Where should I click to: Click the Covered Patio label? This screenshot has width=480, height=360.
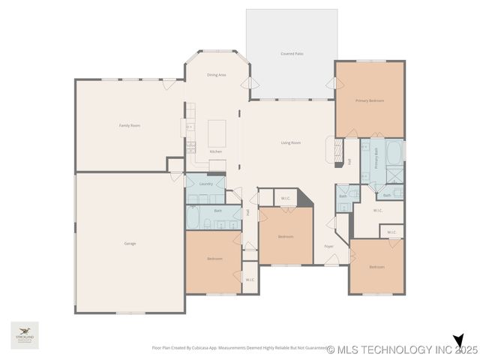point(292,54)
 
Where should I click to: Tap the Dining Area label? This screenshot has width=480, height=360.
point(217,75)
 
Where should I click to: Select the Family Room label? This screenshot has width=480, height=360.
point(130,125)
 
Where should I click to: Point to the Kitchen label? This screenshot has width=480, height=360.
point(216,151)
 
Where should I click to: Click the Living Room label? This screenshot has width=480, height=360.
point(291,142)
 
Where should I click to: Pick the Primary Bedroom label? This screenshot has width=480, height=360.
point(370,100)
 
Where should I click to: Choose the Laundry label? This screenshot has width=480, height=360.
point(205,183)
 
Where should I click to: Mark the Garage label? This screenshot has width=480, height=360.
point(130,244)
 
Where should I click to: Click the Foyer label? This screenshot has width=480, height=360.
point(328,246)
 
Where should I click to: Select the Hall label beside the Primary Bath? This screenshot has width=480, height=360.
point(349,160)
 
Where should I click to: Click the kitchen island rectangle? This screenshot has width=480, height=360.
point(217,133)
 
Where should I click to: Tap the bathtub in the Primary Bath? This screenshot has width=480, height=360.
point(394,152)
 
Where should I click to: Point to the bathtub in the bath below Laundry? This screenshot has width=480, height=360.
point(193,218)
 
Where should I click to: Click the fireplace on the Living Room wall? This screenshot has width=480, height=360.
point(331,149)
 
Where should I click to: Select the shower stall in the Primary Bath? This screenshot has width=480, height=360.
point(394,175)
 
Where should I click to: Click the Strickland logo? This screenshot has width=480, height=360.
point(25,334)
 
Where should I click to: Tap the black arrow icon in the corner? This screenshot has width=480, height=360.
point(459,341)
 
